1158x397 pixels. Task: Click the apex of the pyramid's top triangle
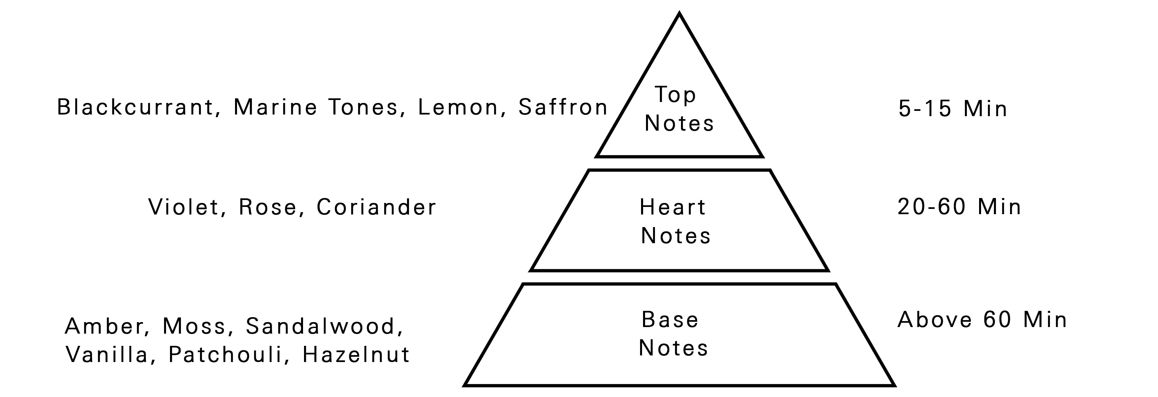click(679, 14)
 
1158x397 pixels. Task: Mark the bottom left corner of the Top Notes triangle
click(596, 156)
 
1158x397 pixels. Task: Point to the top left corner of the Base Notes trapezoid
click(523, 284)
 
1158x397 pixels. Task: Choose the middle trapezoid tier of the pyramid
click(679, 220)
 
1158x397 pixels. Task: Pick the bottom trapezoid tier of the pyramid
click(679, 335)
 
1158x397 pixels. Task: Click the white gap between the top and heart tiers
click(679, 164)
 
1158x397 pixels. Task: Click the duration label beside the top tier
click(953, 109)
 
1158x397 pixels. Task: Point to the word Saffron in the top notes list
click(563, 107)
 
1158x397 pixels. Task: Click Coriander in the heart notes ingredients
click(376, 207)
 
